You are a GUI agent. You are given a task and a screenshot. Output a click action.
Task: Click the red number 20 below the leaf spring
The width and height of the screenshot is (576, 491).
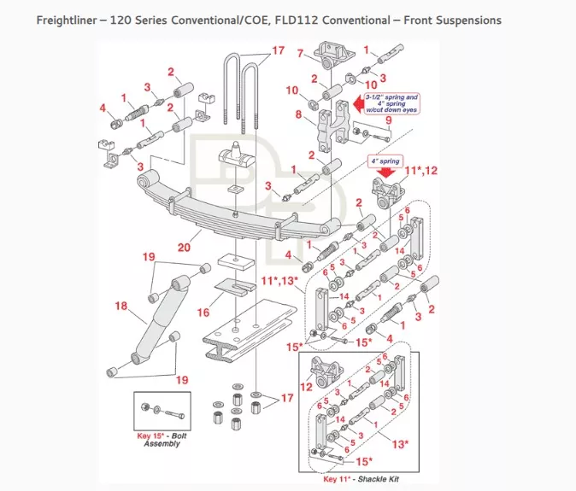point(184,247)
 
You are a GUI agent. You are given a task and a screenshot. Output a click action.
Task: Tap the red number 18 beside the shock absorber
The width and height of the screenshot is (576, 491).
point(120,306)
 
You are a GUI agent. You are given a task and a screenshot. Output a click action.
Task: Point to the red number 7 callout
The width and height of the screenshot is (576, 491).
point(300,54)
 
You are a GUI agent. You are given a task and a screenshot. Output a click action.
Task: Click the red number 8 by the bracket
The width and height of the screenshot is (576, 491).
point(298,114)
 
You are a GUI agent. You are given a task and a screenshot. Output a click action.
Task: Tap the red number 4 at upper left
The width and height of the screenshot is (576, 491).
point(103,108)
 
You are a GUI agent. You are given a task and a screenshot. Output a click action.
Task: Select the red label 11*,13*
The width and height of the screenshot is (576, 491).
point(280,281)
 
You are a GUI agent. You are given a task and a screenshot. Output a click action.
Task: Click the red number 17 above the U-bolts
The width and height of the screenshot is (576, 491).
point(277,50)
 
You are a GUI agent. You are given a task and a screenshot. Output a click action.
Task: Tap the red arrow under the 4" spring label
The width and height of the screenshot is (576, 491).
point(387,170)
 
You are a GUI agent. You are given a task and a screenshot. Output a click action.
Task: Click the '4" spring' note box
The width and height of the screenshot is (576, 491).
point(385,160)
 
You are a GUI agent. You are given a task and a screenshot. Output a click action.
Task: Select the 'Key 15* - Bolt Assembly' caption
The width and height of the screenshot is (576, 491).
point(162,440)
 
